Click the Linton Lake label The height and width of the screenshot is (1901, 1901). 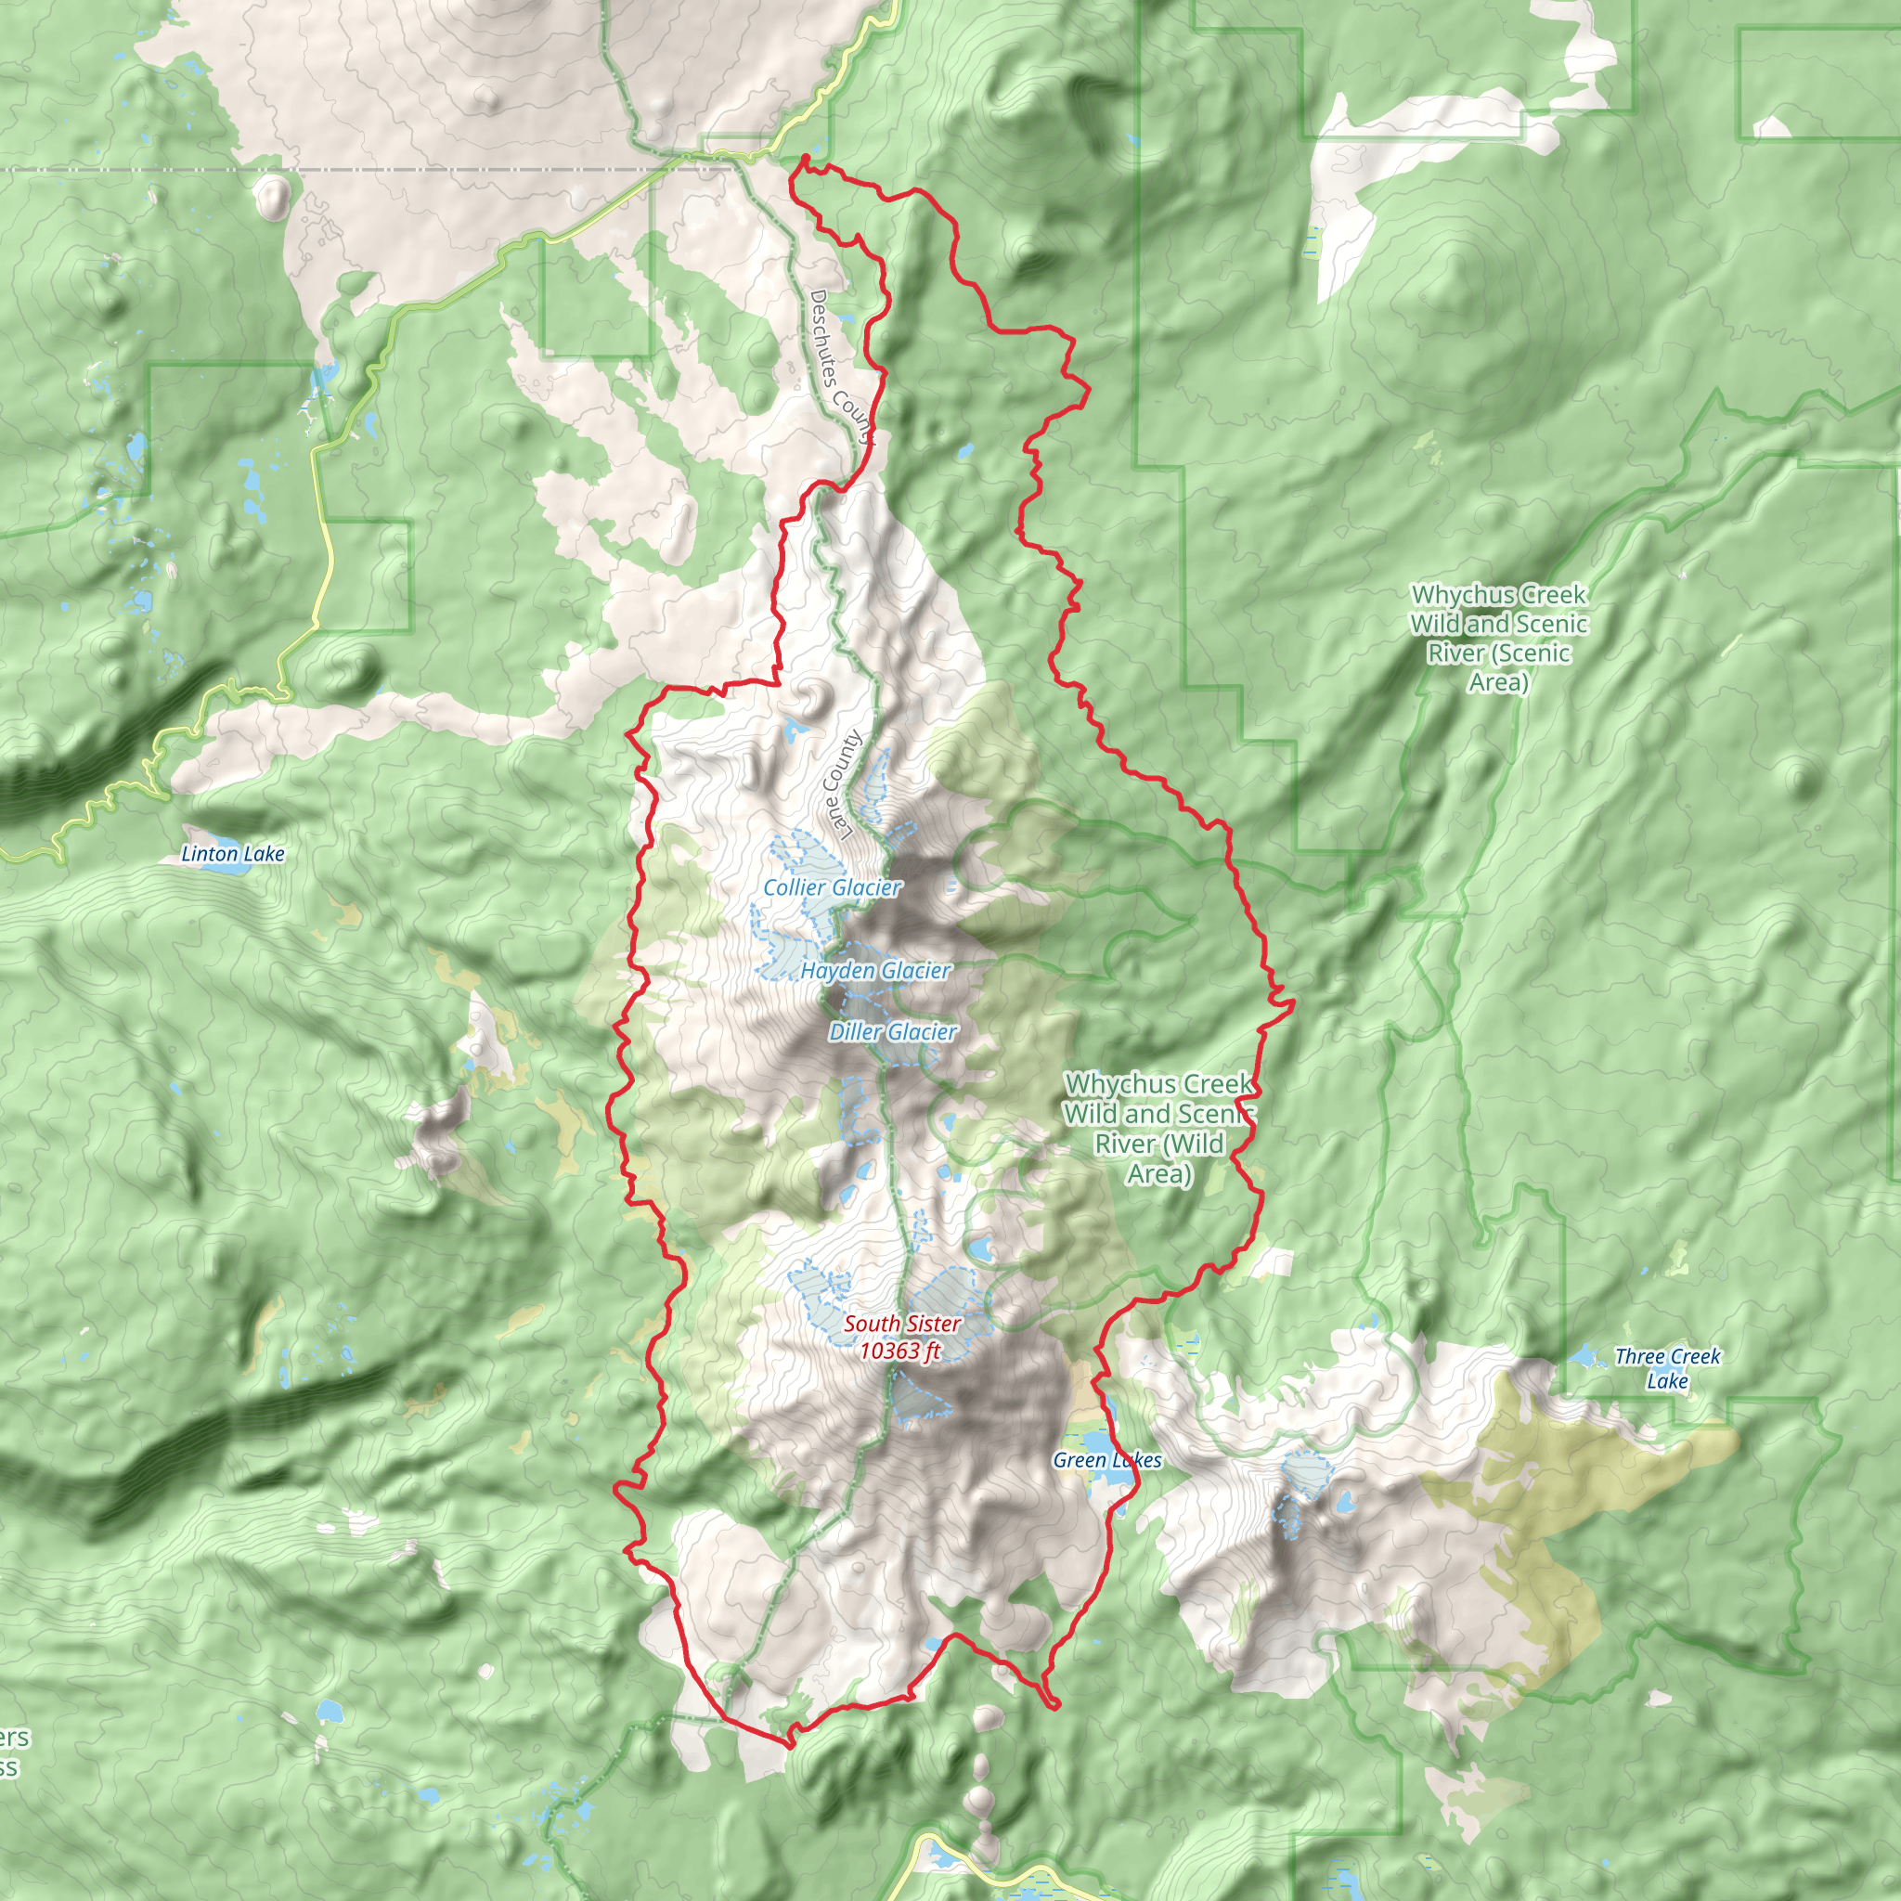233,854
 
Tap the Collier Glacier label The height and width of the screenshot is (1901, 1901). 833,887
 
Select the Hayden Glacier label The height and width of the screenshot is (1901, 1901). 874,971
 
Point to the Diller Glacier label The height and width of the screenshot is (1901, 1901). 892,1032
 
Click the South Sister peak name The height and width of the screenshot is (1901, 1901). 901,1325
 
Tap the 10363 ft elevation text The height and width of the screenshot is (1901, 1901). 899,1351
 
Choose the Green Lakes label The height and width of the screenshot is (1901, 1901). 1107,1460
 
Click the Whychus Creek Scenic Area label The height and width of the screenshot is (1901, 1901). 1498,638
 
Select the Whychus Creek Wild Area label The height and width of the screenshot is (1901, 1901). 1159,1129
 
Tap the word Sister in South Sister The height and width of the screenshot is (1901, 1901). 930,1325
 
